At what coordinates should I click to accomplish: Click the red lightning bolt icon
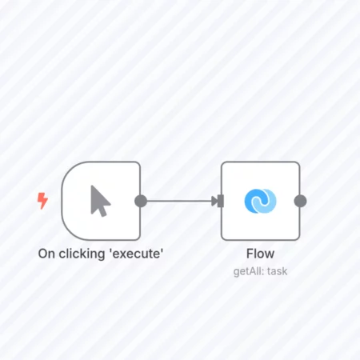point(42,201)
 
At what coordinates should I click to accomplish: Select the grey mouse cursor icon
point(100,201)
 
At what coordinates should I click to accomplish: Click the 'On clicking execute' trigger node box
point(101,201)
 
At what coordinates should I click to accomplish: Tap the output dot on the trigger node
point(141,201)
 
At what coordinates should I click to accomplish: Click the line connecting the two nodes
point(179,201)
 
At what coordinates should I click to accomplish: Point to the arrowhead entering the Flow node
point(214,201)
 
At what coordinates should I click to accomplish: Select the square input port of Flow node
point(221,201)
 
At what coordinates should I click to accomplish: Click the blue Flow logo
point(260,201)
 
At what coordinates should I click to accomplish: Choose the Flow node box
point(261,201)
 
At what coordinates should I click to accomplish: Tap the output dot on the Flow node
point(300,201)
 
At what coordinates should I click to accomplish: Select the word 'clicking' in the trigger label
point(82,254)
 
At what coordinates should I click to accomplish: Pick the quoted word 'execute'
point(136,254)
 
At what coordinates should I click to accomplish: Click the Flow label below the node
point(260,254)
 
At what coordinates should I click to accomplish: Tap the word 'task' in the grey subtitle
point(278,271)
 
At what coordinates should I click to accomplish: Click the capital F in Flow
point(250,254)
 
